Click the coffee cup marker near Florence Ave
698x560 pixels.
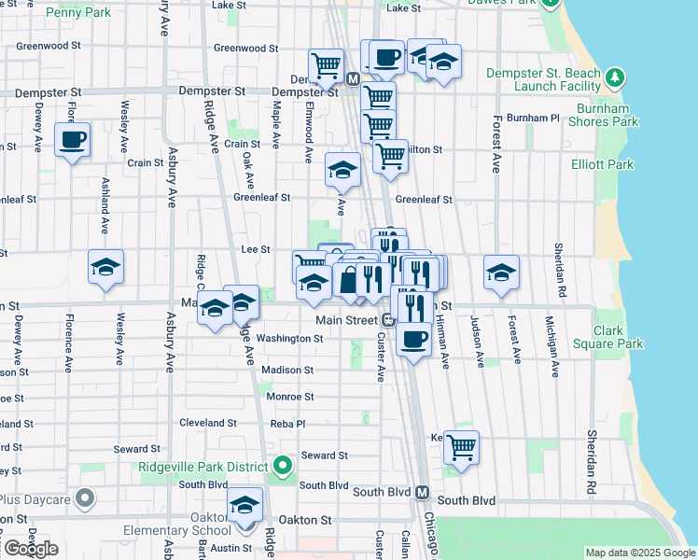click(x=72, y=140)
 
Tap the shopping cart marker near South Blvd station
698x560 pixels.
click(x=461, y=448)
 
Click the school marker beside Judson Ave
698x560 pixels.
click(x=501, y=273)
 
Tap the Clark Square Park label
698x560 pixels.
click(x=619, y=337)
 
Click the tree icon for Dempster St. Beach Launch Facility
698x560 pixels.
click(x=614, y=76)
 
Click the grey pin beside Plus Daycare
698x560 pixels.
click(x=86, y=498)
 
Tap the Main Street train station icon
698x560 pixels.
click(x=386, y=320)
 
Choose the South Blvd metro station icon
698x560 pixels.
click(x=421, y=492)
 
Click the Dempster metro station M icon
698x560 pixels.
click(x=353, y=80)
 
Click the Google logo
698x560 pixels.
click(x=30, y=549)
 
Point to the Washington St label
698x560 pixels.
click(x=288, y=338)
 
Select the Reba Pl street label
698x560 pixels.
click(x=287, y=423)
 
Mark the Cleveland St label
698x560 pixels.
click(x=208, y=423)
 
